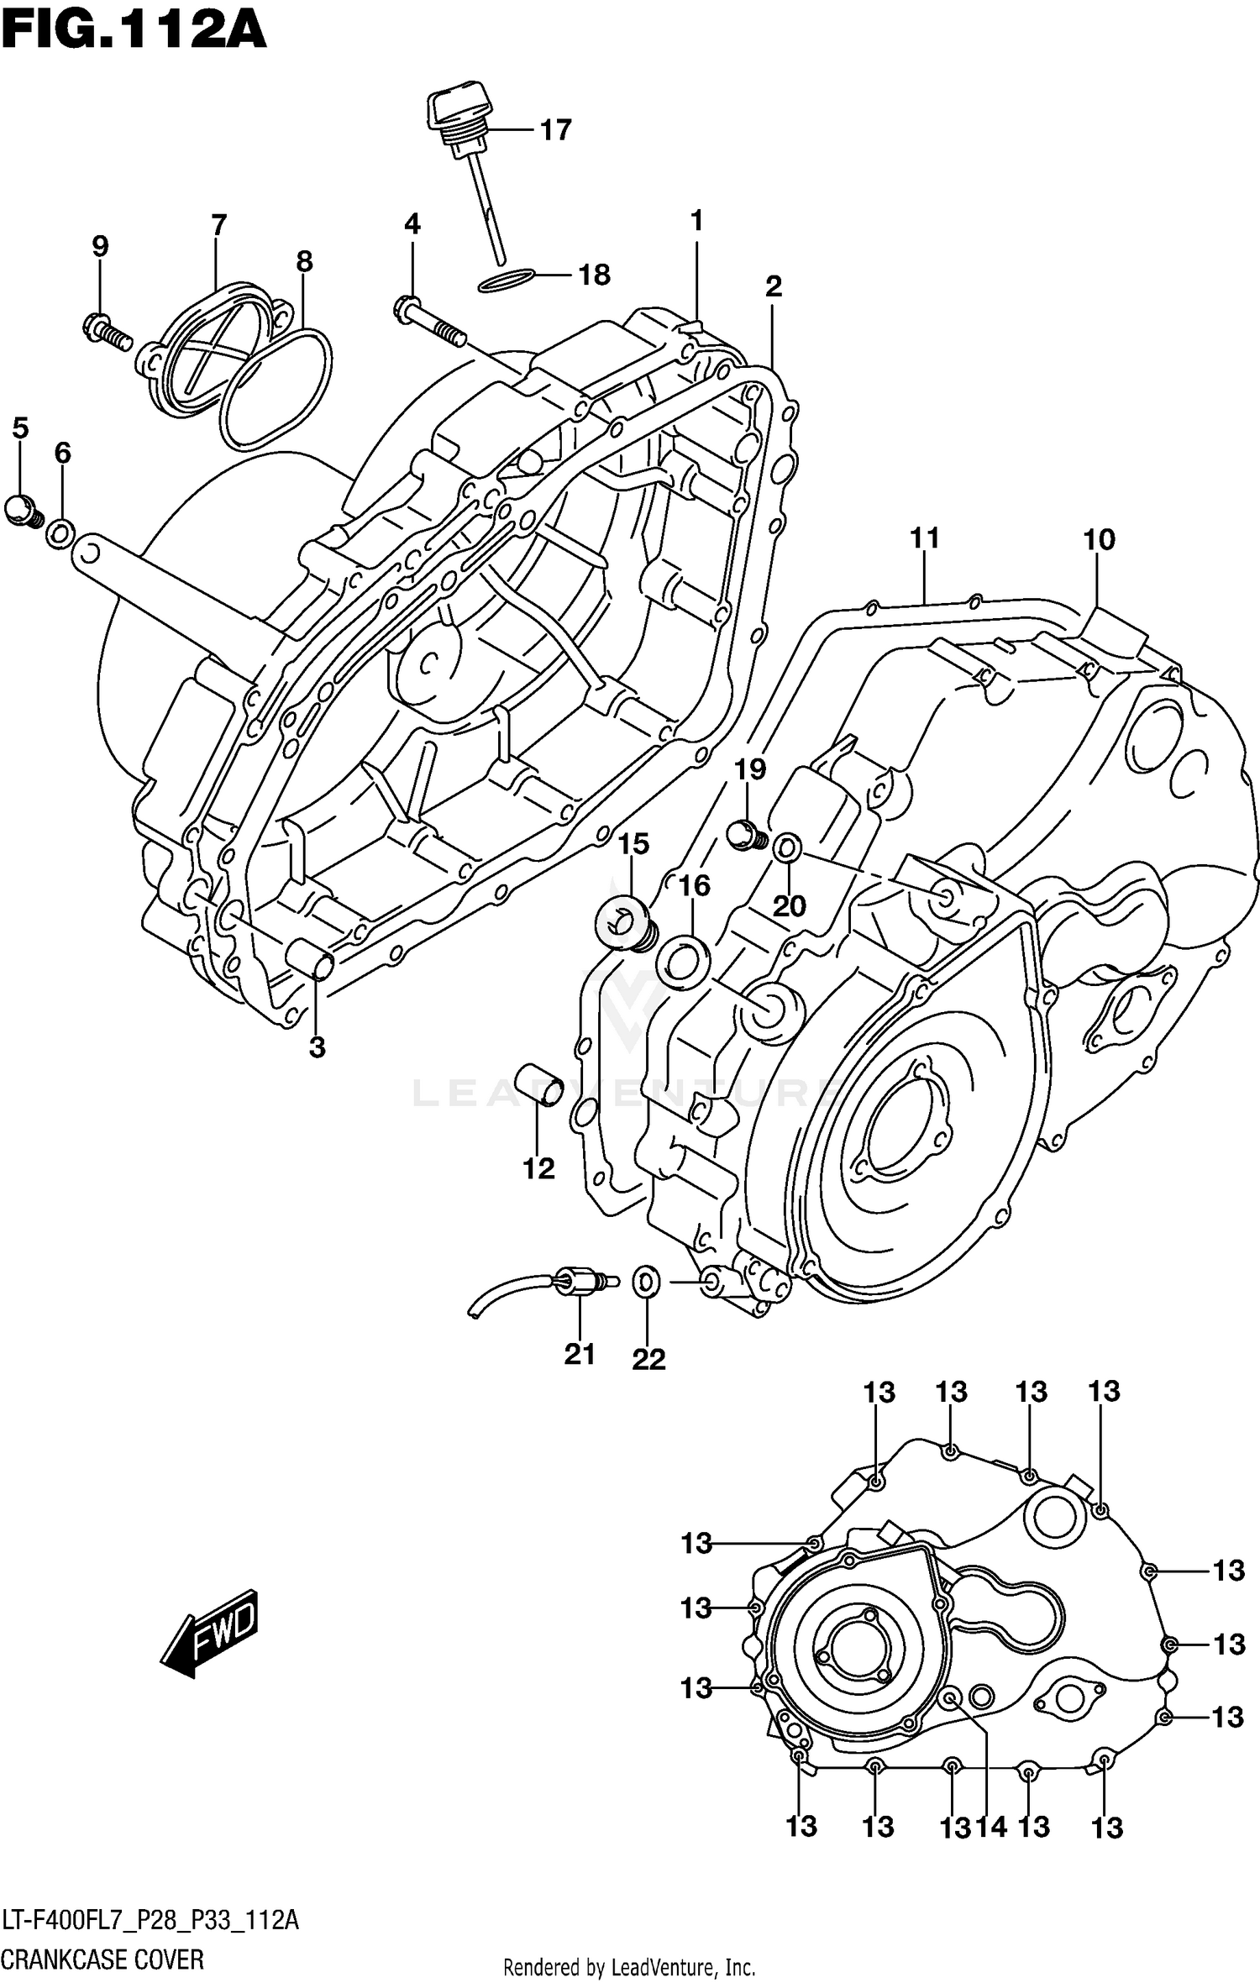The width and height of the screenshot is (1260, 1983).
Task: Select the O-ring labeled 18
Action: click(x=507, y=281)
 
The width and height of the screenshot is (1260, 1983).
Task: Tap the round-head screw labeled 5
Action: click(x=22, y=510)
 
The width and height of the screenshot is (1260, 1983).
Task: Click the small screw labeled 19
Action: click(x=746, y=836)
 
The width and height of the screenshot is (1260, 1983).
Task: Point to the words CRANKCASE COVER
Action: click(x=102, y=1960)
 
